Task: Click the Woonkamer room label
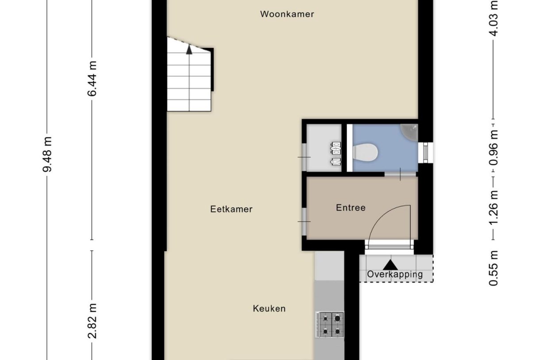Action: (287, 14)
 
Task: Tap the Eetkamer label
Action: (231, 209)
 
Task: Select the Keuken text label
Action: (269, 309)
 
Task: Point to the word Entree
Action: (351, 208)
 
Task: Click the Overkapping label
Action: (395, 275)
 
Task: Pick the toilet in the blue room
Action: (366, 152)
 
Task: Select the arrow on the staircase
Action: (189, 50)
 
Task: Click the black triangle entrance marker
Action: (390, 265)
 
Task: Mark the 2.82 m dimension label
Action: (92, 321)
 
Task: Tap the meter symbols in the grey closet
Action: (336, 153)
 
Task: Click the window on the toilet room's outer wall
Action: (425, 152)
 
